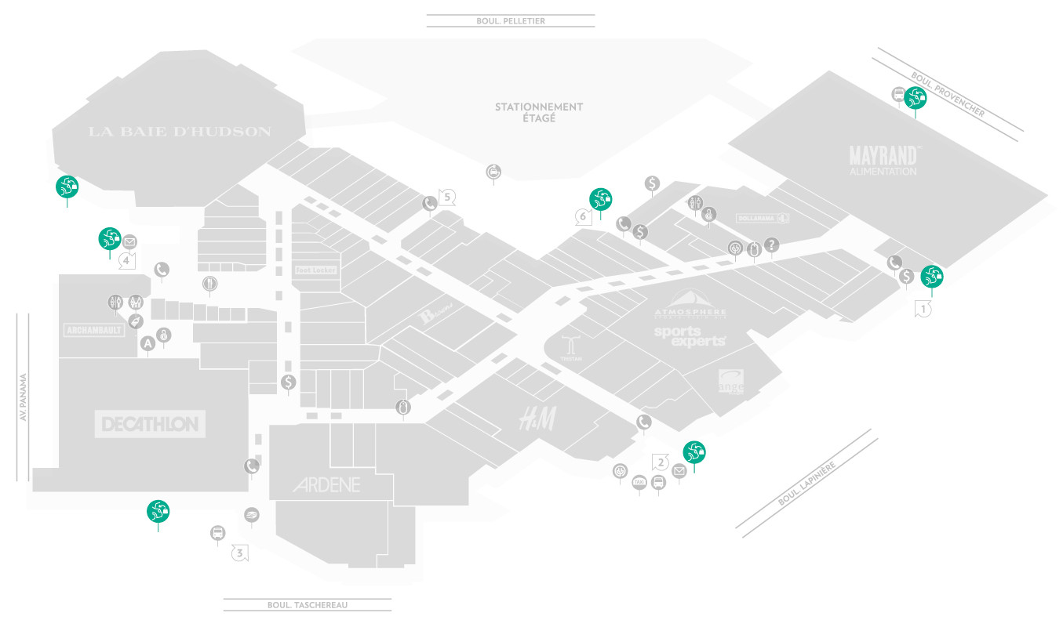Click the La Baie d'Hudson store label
(x=180, y=132)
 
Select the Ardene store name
(x=327, y=484)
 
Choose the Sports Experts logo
(x=690, y=336)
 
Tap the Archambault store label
(x=94, y=330)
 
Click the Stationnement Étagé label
(x=538, y=112)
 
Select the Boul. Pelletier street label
(x=510, y=21)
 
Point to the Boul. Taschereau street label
(x=307, y=605)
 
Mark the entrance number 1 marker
(x=924, y=309)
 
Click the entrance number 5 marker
(x=447, y=197)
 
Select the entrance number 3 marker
(x=241, y=553)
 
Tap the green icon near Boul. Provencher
(x=916, y=98)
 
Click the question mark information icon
(x=772, y=245)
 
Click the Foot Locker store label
(x=315, y=270)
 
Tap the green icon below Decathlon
(x=158, y=511)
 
